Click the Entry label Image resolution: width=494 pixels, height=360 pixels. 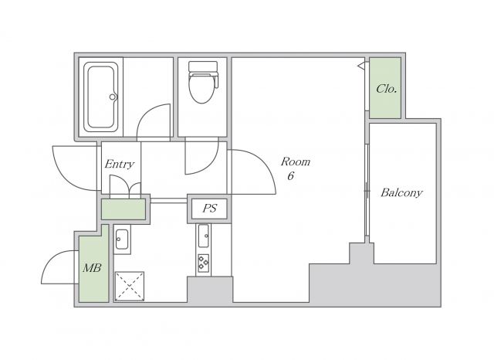tap(120, 164)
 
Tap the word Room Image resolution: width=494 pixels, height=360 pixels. tap(296, 161)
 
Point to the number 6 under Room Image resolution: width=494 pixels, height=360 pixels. tap(290, 176)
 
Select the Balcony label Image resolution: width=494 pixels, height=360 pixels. tap(401, 192)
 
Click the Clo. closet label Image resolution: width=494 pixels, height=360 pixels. tap(386, 89)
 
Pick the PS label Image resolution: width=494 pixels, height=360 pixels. tap(209, 208)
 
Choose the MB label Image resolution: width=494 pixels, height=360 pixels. tap(92, 268)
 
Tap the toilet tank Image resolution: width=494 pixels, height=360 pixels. tap(202, 66)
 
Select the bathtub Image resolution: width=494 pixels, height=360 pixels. tap(101, 97)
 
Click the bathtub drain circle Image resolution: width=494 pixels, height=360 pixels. tap(113, 97)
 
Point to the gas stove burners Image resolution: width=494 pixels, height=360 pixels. tap(203, 263)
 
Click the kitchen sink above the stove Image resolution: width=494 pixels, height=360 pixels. tap(203, 236)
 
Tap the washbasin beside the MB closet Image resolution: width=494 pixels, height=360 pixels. tap(122, 239)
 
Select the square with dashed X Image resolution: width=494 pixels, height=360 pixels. tap(130, 287)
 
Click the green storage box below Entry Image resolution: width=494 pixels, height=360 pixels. tap(123, 209)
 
